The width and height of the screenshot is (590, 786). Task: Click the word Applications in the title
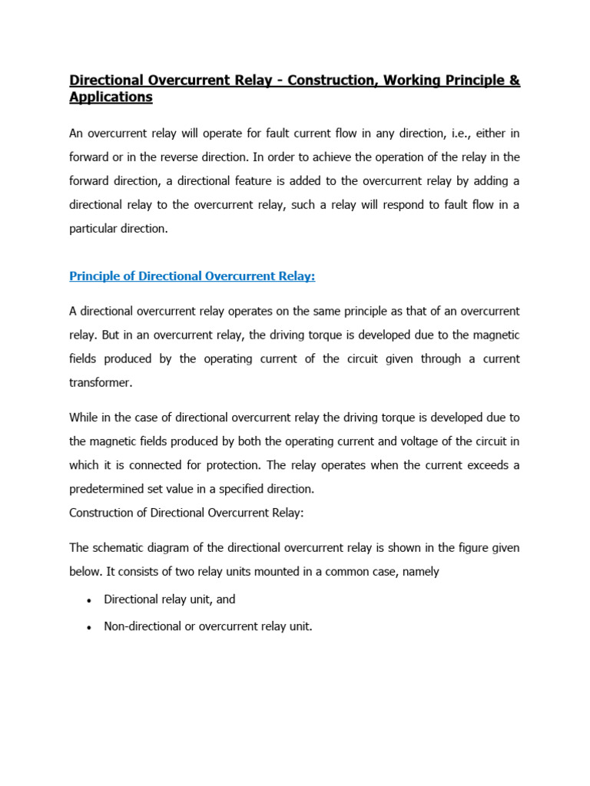[x=111, y=97]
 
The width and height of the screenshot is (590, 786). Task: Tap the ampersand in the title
[x=514, y=80]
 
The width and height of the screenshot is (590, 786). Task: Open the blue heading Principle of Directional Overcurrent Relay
[x=192, y=276]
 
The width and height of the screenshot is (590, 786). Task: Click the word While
[x=84, y=418]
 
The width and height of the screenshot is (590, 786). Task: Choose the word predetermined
[x=108, y=489]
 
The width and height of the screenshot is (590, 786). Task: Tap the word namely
[x=419, y=572]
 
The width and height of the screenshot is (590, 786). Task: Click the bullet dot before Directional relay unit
[x=90, y=601]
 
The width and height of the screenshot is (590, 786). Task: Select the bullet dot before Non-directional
[x=90, y=627]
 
